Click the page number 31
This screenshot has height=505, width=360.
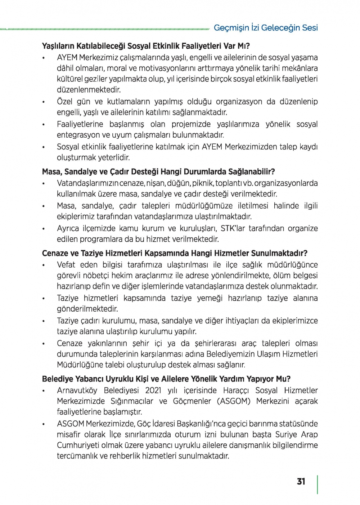click(301, 482)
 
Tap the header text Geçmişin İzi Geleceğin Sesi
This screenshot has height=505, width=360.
click(266, 28)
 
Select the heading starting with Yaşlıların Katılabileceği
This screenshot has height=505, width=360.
click(146, 46)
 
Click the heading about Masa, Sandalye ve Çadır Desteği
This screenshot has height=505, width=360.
click(158, 172)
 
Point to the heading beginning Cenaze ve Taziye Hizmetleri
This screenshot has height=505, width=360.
click(175, 253)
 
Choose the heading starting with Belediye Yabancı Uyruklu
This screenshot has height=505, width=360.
click(166, 379)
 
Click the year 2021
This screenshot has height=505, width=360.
click(153, 390)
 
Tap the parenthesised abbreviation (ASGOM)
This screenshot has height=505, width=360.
click(234, 401)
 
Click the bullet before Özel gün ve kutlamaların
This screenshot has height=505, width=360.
click(43, 102)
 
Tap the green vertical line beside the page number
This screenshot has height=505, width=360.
click(317, 484)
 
